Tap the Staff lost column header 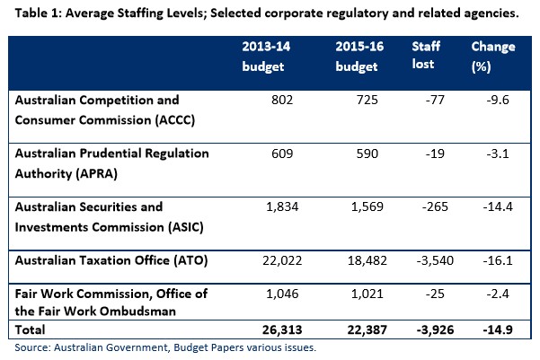point(424,54)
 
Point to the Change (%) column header point(493,54)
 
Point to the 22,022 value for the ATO point(269,260)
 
